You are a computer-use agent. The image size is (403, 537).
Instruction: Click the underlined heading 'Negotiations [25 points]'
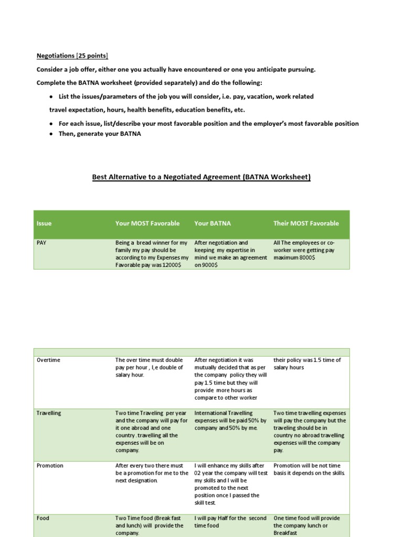click(72, 56)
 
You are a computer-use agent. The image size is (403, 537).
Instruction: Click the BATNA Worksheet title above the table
click(201, 177)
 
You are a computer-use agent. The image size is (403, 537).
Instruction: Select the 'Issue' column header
click(44, 223)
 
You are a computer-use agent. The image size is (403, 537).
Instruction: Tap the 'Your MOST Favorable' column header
click(147, 223)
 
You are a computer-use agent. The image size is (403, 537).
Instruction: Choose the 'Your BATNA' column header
click(213, 223)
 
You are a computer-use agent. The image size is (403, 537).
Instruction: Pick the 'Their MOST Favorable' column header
click(306, 223)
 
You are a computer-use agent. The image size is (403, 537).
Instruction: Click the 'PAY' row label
click(41, 243)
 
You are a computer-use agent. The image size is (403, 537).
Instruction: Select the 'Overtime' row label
click(48, 360)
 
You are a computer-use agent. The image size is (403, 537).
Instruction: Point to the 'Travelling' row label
click(49, 413)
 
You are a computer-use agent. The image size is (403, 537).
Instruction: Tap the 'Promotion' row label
click(50, 466)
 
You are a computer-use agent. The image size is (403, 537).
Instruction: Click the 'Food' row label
click(43, 518)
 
